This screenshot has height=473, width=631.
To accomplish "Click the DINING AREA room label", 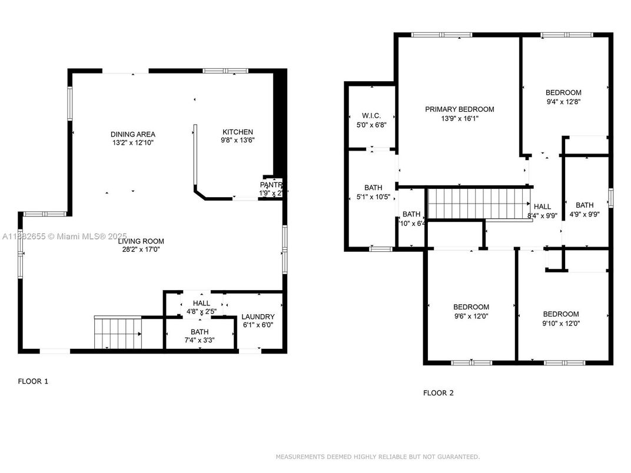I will tap(132, 134).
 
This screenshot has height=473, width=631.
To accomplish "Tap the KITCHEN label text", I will tap(237, 132).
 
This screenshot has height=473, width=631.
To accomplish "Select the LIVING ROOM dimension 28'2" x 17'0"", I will tap(140, 249).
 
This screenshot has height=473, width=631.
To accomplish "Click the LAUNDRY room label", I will tap(258, 317).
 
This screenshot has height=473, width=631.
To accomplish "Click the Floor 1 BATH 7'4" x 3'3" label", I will tap(199, 332).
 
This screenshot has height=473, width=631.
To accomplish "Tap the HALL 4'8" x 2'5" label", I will tap(201, 304).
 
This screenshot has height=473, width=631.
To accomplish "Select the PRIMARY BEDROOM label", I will tap(459, 109).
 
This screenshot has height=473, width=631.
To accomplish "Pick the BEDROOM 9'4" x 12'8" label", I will tap(563, 92).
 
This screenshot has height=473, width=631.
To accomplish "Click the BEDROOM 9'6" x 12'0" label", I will tap(471, 307).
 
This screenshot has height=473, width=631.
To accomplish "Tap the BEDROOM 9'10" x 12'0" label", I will tap(560, 314).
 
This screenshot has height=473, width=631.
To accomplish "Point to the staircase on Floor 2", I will tap(478, 203).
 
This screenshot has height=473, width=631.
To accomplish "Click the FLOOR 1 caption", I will tap(33, 381).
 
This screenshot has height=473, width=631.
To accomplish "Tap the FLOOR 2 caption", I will tap(439, 393).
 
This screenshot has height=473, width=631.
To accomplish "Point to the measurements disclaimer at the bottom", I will tap(377, 457).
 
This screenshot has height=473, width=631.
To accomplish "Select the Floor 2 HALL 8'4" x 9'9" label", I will tap(542, 206).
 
